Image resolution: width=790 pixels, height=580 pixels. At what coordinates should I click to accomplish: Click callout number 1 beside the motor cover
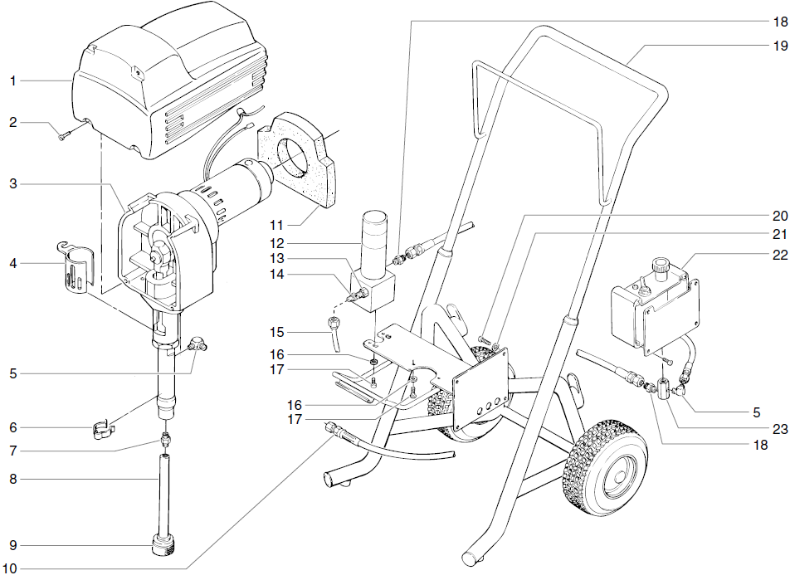pos(13,80)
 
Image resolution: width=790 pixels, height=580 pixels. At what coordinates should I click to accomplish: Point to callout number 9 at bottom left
pos(13,545)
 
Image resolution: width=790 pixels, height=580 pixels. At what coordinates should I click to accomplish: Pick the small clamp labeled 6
pos(105,431)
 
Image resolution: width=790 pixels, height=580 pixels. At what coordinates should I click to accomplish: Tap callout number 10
pos(10,568)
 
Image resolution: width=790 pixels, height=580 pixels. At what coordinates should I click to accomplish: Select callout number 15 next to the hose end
pos(277,332)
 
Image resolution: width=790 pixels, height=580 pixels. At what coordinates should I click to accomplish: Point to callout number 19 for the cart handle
pos(780,46)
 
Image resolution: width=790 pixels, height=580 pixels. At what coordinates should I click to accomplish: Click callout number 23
pos(780,429)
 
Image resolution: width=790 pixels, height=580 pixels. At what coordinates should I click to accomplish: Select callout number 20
pos(780,216)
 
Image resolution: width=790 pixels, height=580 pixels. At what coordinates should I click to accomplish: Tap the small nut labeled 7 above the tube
pos(164,440)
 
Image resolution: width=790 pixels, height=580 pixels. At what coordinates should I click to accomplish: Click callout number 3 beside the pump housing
pos(13,184)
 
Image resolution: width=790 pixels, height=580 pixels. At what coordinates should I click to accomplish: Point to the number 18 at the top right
pos(780,22)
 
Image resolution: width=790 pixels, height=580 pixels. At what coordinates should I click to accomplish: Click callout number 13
pos(277,259)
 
